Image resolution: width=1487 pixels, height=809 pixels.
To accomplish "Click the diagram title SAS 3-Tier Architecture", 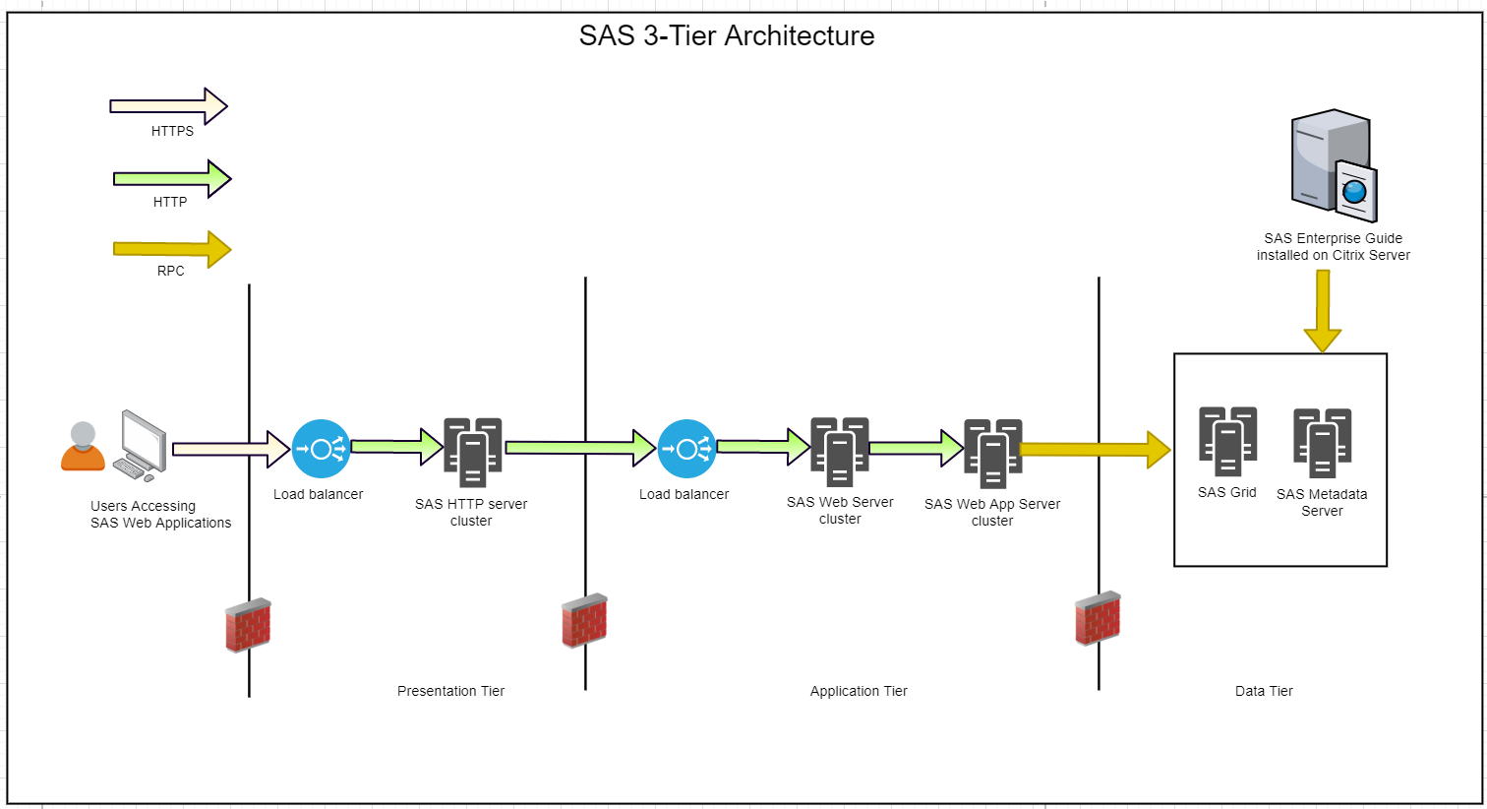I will [727, 36].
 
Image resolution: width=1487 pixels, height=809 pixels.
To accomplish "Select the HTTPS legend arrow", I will [168, 106].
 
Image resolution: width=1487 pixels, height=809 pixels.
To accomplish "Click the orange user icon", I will [83, 447].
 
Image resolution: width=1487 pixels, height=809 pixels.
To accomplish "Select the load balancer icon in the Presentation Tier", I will [321, 450].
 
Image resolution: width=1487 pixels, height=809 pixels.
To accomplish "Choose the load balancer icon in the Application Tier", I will [686, 450].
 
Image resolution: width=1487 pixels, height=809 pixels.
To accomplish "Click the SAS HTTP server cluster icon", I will [473, 452].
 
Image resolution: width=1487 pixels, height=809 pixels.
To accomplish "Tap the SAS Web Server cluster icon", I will [840, 452].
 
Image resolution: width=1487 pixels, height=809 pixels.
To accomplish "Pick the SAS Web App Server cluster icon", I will [993, 454].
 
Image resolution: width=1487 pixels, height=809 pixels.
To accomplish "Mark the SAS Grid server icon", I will [1227, 441].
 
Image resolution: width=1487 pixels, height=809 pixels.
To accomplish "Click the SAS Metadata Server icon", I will [1322, 443].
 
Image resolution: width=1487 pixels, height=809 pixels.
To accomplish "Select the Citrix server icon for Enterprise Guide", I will [1334, 165].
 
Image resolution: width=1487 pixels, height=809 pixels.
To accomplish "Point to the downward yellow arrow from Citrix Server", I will [1323, 310].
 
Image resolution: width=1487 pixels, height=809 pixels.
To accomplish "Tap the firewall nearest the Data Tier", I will [1098, 618].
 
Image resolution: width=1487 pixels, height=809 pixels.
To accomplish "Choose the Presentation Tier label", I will [450, 691].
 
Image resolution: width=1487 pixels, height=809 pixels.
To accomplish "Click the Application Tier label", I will [859, 691].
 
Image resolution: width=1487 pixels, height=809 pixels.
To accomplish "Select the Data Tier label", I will [1264, 691].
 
